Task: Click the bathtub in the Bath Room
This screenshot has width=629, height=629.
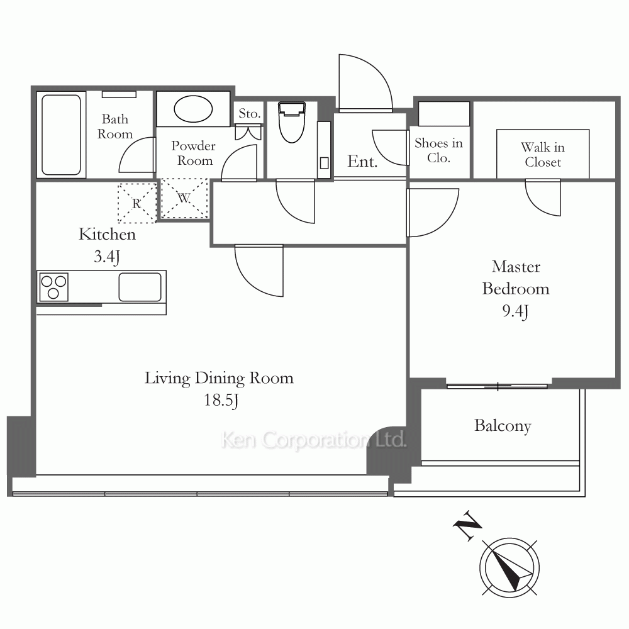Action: [61, 135]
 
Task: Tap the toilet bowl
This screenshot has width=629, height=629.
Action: [292, 123]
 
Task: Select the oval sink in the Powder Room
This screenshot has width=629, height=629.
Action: [193, 109]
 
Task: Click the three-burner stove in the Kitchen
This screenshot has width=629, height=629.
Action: [53, 287]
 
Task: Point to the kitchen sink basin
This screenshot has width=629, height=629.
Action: [140, 287]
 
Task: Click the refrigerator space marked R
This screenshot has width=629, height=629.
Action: [136, 203]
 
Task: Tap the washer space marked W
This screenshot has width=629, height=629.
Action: [184, 198]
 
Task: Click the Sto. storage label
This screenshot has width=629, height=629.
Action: [250, 113]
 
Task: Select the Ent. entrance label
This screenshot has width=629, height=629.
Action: [362, 161]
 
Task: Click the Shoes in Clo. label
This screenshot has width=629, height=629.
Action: [438, 150]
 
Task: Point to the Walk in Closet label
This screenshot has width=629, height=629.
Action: [543, 155]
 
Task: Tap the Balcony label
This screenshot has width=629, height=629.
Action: [503, 426]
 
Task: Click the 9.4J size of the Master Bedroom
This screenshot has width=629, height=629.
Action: [516, 311]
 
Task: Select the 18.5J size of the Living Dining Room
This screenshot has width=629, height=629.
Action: [221, 400]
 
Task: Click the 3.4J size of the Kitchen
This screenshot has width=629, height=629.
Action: [107, 257]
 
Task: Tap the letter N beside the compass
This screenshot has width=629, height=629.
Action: [467, 526]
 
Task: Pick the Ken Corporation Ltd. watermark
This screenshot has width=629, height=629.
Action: [314, 440]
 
